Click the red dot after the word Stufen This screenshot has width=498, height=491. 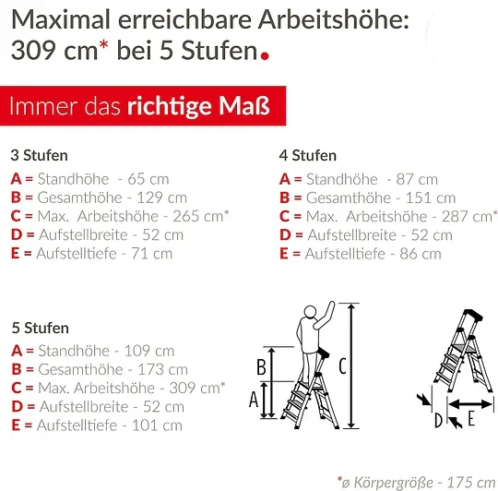[265, 55]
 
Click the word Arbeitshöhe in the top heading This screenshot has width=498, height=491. [333, 19]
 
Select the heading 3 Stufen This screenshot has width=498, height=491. [40, 155]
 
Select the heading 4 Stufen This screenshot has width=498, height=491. [308, 155]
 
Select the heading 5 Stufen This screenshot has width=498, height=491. [41, 328]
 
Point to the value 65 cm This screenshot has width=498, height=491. [148, 179]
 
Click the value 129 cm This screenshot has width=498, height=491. [162, 198]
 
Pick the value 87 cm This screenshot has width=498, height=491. [417, 180]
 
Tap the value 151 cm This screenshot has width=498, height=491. [431, 198]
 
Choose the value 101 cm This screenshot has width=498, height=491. [157, 425]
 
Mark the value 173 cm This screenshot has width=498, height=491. [162, 369]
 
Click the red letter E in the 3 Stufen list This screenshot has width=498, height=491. [15, 254]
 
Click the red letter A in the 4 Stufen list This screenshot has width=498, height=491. [285, 179]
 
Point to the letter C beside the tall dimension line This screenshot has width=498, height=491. [342, 365]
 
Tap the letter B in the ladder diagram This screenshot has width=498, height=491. [261, 367]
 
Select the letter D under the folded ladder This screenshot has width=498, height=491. [439, 421]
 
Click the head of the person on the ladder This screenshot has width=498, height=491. [310, 311]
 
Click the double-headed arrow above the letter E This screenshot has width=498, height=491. [470, 404]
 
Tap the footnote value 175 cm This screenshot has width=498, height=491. [471, 483]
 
